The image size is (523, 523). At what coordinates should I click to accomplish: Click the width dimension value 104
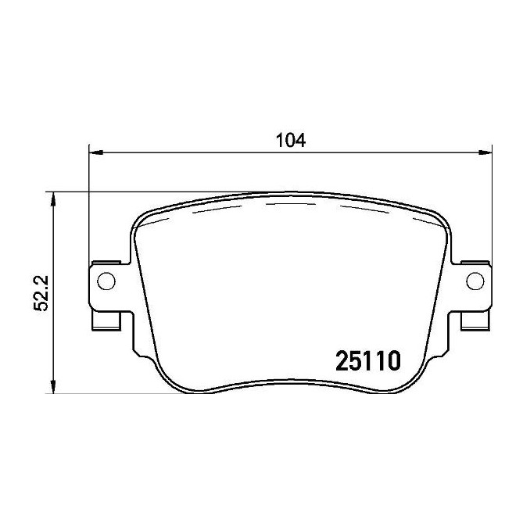291,141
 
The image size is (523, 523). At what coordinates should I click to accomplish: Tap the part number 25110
367,361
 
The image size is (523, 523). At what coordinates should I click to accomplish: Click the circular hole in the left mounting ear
106,281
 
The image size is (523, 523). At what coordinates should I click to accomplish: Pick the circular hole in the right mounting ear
475,281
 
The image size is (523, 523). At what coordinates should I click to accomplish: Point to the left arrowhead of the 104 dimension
95,152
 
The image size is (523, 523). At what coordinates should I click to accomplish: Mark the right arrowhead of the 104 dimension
485,152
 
